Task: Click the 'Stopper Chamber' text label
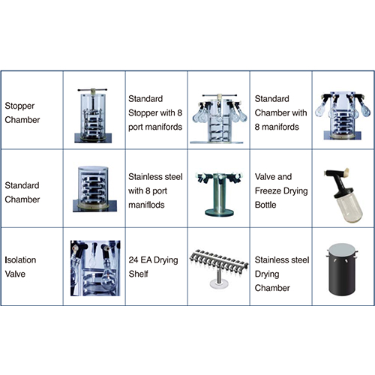(x=22, y=112)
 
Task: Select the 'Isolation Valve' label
(x=20, y=267)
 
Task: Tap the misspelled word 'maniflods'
(x=146, y=205)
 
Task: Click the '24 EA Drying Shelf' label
(x=153, y=267)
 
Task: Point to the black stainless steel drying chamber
(x=342, y=269)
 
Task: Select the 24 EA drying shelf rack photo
(x=218, y=268)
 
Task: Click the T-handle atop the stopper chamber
(x=92, y=89)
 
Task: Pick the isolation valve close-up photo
(x=95, y=268)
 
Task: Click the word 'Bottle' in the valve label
(x=265, y=205)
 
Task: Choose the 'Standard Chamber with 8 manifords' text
(x=280, y=112)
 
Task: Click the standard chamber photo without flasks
(x=94, y=189)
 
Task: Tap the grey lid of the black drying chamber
(x=342, y=249)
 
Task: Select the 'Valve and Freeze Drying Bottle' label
(x=281, y=190)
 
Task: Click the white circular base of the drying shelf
(x=219, y=284)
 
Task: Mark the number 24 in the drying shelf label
(x=133, y=260)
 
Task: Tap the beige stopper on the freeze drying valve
(x=346, y=171)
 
